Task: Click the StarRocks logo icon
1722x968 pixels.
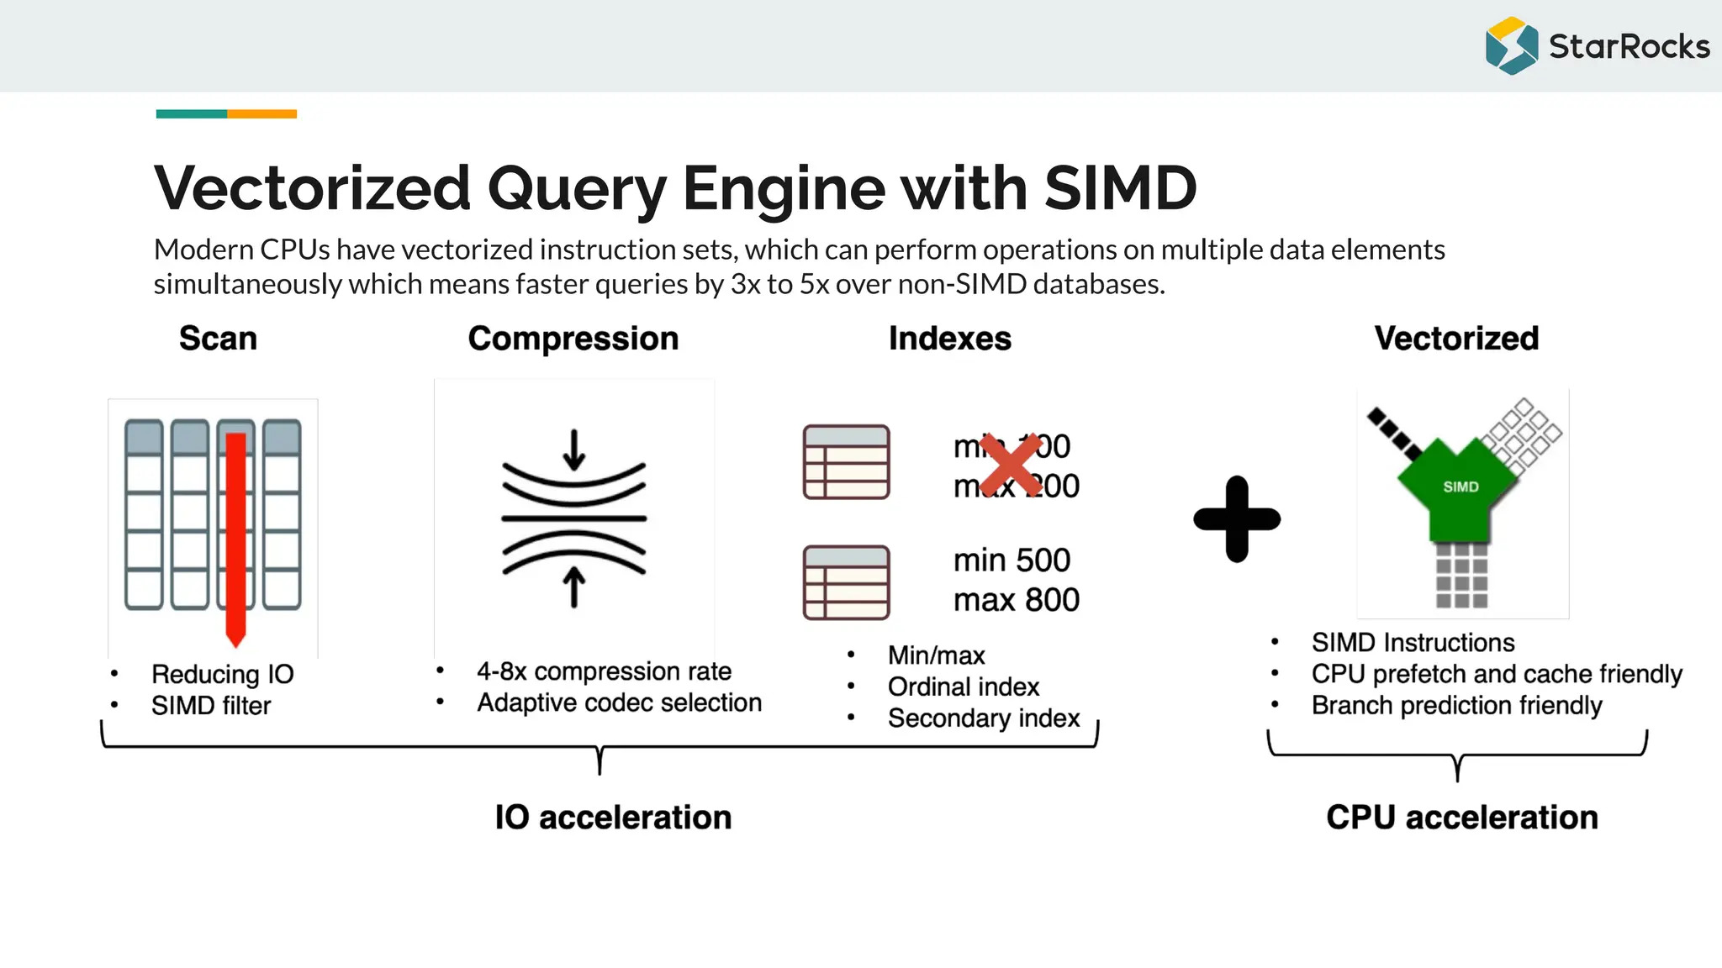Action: click(x=1511, y=46)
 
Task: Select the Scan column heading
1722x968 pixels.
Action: click(x=218, y=339)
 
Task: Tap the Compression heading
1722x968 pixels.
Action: click(x=573, y=339)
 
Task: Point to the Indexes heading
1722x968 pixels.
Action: click(x=949, y=339)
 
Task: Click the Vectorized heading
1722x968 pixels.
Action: click(x=1456, y=339)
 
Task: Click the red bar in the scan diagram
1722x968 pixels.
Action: click(x=235, y=538)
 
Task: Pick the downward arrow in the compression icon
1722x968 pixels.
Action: click(x=574, y=450)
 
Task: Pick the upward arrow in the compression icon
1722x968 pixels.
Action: click(x=574, y=587)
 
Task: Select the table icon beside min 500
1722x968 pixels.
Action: click(x=846, y=582)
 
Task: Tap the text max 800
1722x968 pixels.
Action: click(x=1016, y=600)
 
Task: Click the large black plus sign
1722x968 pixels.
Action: click(x=1237, y=519)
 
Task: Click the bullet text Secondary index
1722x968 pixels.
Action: click(x=983, y=718)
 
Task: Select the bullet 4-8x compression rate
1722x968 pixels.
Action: click(x=603, y=671)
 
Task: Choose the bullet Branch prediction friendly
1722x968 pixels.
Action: click(x=1456, y=706)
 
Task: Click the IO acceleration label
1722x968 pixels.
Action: click(x=613, y=818)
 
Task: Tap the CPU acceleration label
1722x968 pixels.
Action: click(x=1461, y=818)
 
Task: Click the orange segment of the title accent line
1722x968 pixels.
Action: click(x=261, y=113)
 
